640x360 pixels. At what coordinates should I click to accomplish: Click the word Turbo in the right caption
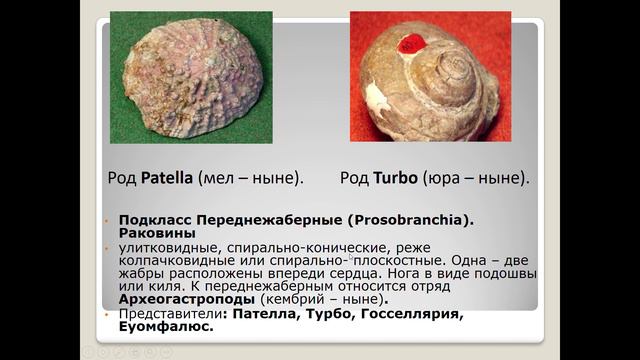397,179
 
